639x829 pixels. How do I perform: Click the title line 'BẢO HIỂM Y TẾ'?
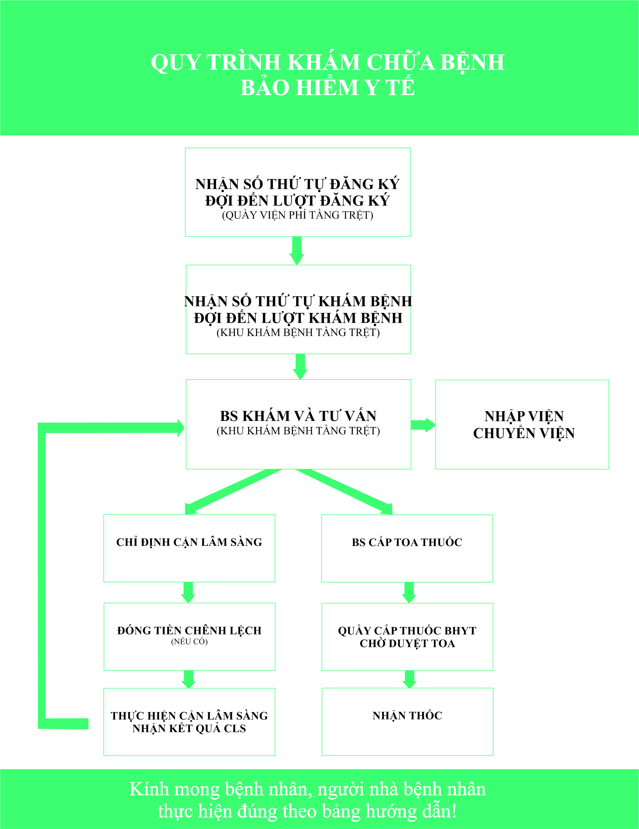(328, 87)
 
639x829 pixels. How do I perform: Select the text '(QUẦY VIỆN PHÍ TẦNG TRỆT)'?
(297, 215)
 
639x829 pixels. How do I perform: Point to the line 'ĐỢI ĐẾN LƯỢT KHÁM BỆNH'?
(298, 318)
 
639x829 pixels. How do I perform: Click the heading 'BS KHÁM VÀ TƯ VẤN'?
(298, 416)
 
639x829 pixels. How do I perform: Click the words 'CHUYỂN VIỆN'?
(524, 433)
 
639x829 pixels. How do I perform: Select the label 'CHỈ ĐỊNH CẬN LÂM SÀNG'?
(189, 542)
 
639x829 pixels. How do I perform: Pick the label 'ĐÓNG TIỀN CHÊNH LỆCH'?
(189, 631)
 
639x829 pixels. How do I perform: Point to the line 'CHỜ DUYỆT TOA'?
(407, 643)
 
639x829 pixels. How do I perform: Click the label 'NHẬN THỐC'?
(407, 716)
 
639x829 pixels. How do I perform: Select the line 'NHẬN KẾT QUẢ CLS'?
(189, 728)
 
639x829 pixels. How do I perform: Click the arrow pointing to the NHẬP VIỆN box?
(423, 425)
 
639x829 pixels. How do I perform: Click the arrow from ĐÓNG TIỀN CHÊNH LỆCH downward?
(189, 679)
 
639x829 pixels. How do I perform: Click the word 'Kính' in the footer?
(149, 789)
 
